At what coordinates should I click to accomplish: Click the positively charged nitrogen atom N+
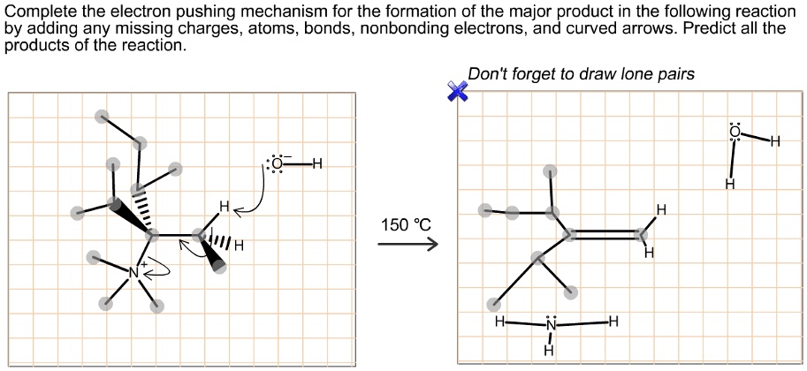pyautogui.click(x=133, y=272)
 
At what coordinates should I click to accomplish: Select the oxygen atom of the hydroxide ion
pyautogui.click(x=278, y=164)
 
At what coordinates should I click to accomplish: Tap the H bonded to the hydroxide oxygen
pyautogui.click(x=317, y=164)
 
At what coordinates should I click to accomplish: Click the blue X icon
pyautogui.click(x=457, y=91)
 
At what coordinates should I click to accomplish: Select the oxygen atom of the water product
pyautogui.click(x=733, y=133)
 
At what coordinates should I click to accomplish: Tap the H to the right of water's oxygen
pyautogui.click(x=775, y=141)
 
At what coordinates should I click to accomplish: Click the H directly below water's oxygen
pyautogui.click(x=728, y=184)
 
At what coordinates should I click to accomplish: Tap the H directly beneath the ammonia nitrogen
pyautogui.click(x=549, y=350)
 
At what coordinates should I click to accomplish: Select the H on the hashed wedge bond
pyautogui.click(x=239, y=245)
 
